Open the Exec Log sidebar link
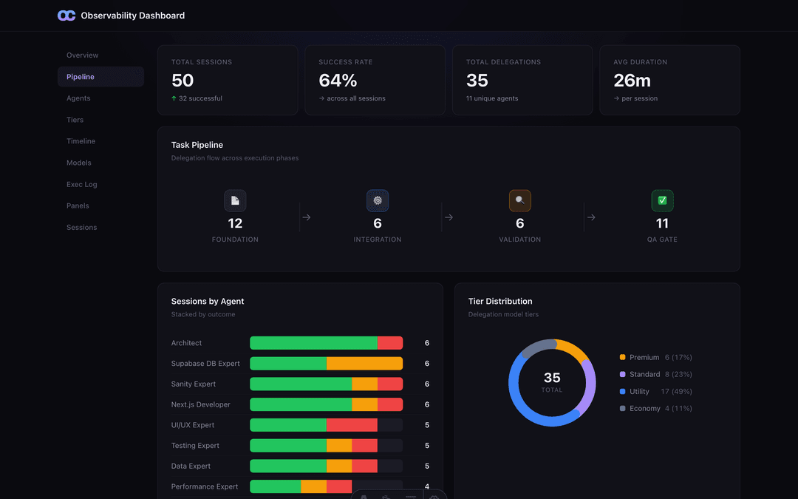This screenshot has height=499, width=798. coord(81,184)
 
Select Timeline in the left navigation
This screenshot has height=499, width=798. coord(81,141)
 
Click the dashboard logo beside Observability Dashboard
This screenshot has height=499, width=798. coord(66,16)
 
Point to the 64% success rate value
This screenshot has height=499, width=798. coord(338,81)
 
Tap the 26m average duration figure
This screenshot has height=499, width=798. coord(632,81)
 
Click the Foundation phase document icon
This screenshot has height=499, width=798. coord(235,200)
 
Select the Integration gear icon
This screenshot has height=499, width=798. coord(378,200)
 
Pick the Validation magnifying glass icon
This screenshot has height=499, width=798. coord(519,200)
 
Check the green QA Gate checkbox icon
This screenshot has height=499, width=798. coord(662,200)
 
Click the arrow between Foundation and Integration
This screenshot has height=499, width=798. coord(307,217)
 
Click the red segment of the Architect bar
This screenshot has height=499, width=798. coord(390,343)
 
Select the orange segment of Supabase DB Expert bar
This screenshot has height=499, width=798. coord(364,364)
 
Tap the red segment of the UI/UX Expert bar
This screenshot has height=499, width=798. coord(352,425)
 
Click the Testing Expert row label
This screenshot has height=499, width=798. coord(195,446)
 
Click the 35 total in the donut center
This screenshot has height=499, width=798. coord(552,378)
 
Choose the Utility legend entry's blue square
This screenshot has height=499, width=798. coord(622,392)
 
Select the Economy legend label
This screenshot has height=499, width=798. coord(645,408)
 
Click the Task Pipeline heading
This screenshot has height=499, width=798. coord(197,145)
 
